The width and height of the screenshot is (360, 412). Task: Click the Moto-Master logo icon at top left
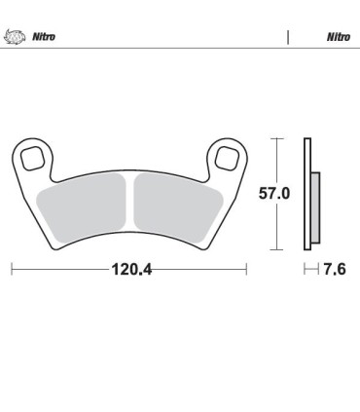point(17,37)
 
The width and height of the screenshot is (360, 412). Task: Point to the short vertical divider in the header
point(288,37)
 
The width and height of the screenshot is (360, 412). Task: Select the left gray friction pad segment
point(83,206)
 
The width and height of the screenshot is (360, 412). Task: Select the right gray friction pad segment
point(178,206)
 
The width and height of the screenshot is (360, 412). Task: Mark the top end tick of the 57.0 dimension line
point(279,139)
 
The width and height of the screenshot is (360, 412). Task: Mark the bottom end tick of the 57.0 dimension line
point(279,249)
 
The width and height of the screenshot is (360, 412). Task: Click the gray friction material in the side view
point(315,206)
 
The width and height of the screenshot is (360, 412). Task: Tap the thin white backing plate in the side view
point(307,195)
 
